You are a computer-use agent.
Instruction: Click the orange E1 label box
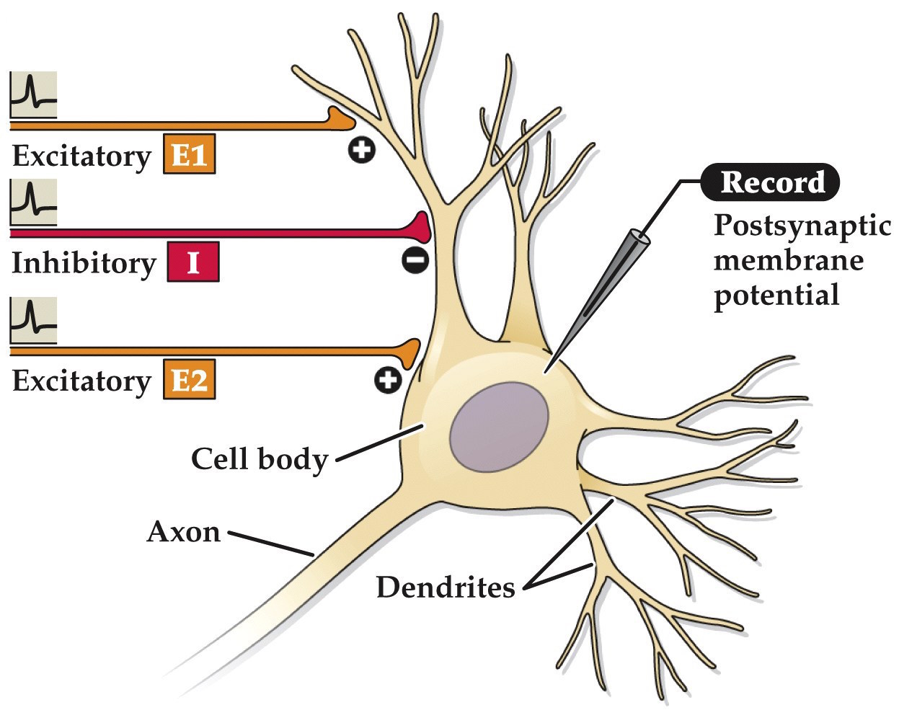pyautogui.click(x=189, y=154)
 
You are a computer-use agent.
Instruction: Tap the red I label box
pyautogui.click(x=192, y=262)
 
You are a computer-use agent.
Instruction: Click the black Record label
pyautogui.click(x=771, y=182)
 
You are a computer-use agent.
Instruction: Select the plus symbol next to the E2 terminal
pyautogui.click(x=388, y=380)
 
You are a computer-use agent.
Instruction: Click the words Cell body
pyautogui.click(x=259, y=458)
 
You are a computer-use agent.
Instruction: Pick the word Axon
pyautogui.click(x=183, y=532)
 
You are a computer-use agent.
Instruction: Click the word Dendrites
pyautogui.click(x=446, y=587)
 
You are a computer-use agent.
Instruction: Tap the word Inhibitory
pyautogui.click(x=83, y=263)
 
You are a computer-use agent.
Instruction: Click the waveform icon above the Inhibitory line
pyautogui.click(x=33, y=203)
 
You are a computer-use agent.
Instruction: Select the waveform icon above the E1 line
pyautogui.click(x=33, y=94)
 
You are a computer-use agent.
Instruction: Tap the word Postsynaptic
pyautogui.click(x=802, y=226)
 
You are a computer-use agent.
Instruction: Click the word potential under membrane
pyautogui.click(x=776, y=296)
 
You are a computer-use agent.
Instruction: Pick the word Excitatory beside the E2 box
pyautogui.click(x=81, y=381)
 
